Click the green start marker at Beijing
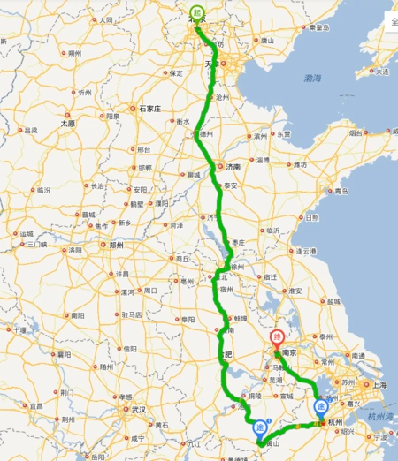(195, 13)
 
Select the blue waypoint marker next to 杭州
(320, 406)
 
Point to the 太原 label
(68, 125)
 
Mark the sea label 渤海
(311, 79)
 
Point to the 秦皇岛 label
(318, 27)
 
